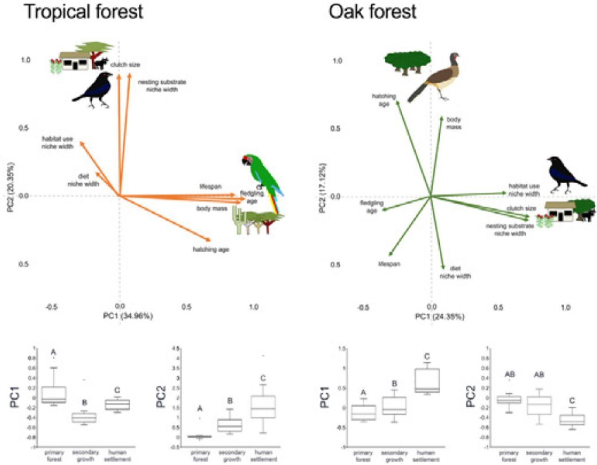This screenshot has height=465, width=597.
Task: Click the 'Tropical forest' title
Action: coord(84,11)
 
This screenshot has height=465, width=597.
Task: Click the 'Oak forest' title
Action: coord(372,11)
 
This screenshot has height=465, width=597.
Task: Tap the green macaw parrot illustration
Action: coord(262,177)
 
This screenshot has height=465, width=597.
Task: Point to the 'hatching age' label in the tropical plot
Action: coord(210,250)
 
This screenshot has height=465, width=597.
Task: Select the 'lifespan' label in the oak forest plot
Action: coord(389,264)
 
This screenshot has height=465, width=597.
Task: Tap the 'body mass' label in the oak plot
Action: coord(454,123)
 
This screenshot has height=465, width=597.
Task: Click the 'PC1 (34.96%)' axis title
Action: coord(128,316)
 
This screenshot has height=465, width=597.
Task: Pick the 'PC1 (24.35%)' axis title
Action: coord(439,317)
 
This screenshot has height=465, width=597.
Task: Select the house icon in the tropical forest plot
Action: coord(74,61)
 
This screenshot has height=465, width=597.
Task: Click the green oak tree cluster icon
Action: coord(408,61)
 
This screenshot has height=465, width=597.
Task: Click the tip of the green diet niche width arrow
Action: coord(443,268)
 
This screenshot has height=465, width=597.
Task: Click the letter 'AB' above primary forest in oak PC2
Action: coord(510,375)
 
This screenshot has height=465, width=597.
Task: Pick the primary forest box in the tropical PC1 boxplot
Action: coord(53,394)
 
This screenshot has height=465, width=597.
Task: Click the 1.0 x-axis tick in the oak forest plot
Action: coord(565,308)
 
